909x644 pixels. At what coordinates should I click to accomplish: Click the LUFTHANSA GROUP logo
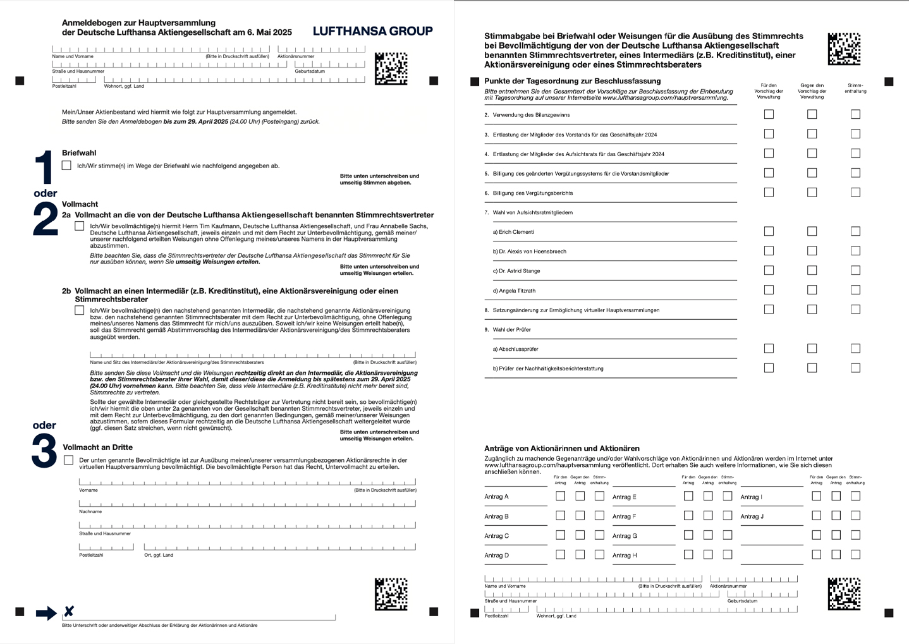click(x=372, y=31)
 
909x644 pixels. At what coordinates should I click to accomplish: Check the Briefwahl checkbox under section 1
click(x=66, y=165)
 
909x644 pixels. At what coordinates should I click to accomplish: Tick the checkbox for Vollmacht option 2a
click(x=79, y=226)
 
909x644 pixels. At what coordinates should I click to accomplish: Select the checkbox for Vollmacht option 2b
click(x=79, y=310)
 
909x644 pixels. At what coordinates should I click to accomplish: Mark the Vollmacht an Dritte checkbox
click(x=68, y=460)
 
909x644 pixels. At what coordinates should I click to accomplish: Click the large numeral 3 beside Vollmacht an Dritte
click(x=44, y=451)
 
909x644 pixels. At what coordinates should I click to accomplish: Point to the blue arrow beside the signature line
click(x=46, y=612)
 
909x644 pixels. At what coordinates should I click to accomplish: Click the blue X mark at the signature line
click(x=69, y=611)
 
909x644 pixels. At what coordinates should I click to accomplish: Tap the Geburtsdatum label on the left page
click(x=310, y=71)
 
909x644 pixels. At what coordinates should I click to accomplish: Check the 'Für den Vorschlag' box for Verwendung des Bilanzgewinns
click(x=769, y=114)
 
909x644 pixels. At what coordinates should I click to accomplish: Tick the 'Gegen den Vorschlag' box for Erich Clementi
click(x=812, y=231)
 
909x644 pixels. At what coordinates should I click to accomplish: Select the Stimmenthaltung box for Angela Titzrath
click(x=855, y=290)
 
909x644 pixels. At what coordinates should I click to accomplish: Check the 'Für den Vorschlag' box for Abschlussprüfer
click(x=769, y=348)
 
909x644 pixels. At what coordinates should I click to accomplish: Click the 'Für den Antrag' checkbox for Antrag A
click(x=560, y=496)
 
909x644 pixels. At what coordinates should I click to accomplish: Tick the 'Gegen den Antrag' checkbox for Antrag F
click(x=708, y=516)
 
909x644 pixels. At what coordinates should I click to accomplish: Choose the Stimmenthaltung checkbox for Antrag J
click(x=855, y=516)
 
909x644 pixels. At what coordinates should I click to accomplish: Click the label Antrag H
click(x=625, y=556)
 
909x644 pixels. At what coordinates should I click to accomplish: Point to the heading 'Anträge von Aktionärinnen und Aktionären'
click(x=562, y=448)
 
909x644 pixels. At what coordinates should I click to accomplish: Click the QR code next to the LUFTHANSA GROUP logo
click(x=391, y=68)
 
